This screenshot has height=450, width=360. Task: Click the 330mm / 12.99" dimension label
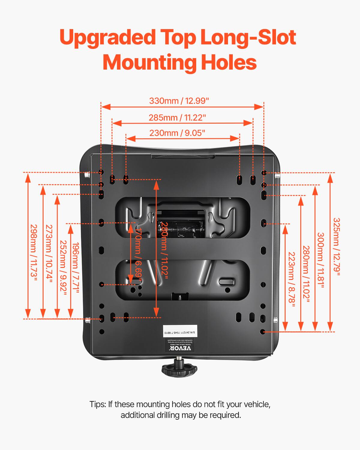click(179, 101)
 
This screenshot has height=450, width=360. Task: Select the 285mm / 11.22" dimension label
click(177, 118)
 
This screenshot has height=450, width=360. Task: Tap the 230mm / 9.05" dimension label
click(177, 133)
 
